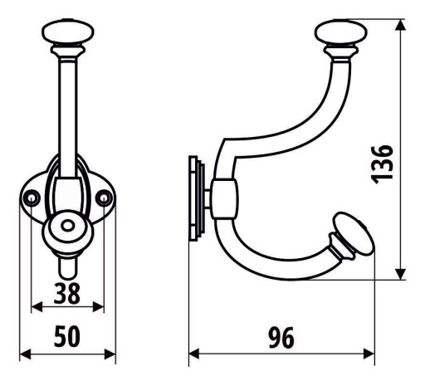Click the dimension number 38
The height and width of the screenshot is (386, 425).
click(x=67, y=294)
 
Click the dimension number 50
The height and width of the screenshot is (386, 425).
click(x=67, y=336)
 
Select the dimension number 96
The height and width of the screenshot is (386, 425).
click(x=281, y=338)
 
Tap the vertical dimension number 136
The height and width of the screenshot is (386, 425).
click(x=382, y=164)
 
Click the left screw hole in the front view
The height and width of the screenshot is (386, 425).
click(x=32, y=198)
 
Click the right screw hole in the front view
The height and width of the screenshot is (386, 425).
click(x=104, y=198)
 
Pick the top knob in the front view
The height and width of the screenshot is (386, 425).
click(x=68, y=32)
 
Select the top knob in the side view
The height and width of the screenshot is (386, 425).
click(x=341, y=32)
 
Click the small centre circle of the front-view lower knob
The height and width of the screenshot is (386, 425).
click(x=67, y=226)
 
